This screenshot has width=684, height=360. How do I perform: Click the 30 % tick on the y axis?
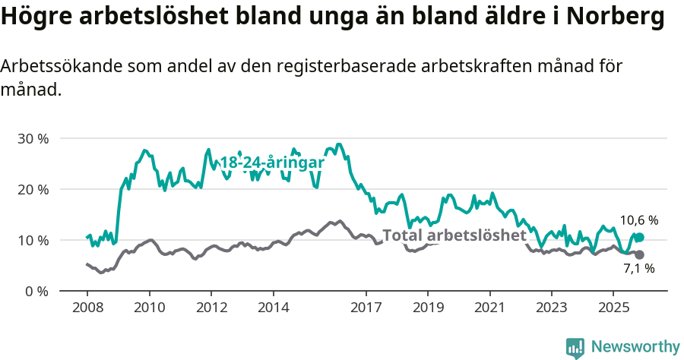(x=32, y=139)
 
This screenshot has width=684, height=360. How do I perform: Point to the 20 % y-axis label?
(x=32, y=190)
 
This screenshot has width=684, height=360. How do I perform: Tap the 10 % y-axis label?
(x=32, y=241)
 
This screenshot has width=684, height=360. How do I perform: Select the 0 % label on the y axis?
(x=36, y=292)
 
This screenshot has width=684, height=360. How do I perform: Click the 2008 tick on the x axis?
(x=87, y=308)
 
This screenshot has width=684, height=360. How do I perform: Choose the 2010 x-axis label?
(x=149, y=308)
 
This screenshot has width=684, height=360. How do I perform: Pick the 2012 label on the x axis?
(x=211, y=308)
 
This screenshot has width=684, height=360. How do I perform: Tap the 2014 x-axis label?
(x=273, y=308)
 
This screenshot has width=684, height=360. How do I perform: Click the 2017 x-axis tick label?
(x=366, y=308)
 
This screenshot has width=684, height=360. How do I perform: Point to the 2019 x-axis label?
(x=427, y=308)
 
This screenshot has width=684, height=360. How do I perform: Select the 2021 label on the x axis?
(x=489, y=308)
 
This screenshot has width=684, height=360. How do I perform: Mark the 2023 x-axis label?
(x=551, y=308)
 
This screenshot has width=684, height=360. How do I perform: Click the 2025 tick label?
(x=613, y=308)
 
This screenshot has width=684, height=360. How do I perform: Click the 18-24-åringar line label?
(x=271, y=163)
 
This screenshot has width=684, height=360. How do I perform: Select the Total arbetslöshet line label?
(x=454, y=235)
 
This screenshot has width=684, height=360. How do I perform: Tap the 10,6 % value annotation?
(x=638, y=220)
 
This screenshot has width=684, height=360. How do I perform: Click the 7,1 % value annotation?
(x=638, y=268)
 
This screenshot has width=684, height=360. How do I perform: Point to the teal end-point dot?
(x=639, y=238)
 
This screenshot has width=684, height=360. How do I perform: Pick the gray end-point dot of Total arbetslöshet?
(x=639, y=254)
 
